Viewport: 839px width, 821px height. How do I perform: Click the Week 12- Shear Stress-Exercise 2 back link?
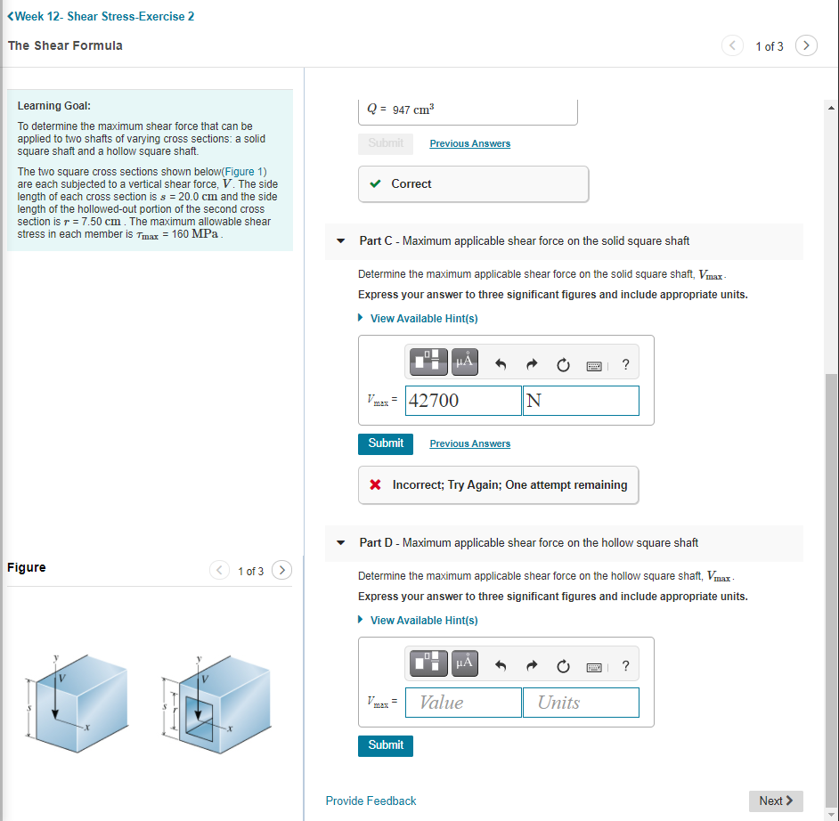tap(100, 16)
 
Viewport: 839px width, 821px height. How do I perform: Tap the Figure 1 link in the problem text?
tap(244, 172)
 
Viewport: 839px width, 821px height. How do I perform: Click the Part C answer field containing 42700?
tap(463, 401)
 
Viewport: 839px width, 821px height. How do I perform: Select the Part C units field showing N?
tap(581, 401)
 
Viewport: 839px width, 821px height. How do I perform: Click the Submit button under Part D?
tap(386, 745)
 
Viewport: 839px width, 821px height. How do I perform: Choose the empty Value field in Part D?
tap(463, 703)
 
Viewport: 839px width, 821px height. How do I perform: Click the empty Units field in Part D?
tap(581, 703)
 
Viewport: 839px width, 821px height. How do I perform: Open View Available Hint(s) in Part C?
tap(423, 319)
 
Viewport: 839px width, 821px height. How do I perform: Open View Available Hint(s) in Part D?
tap(423, 621)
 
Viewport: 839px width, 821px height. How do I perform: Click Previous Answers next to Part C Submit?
tap(469, 443)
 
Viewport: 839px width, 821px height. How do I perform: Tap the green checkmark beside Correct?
tap(377, 184)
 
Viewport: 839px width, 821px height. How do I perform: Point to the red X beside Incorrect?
tap(376, 485)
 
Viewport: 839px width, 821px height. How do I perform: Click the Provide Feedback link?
tap(371, 801)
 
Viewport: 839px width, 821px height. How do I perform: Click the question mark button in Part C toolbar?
tap(625, 363)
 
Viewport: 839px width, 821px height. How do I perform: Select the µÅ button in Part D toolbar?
tap(463, 663)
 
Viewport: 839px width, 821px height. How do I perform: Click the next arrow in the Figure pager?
tap(281, 570)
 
